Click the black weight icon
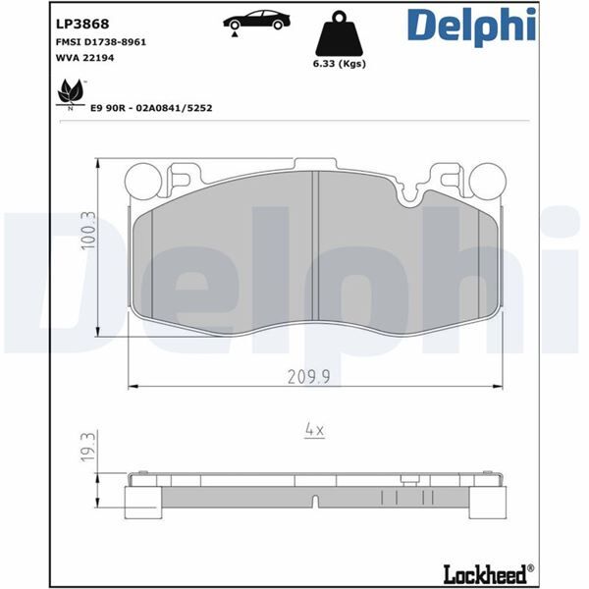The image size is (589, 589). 340,36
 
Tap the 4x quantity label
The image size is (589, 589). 314,429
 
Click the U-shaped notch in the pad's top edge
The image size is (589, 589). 411,192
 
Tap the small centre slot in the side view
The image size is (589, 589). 313,503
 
